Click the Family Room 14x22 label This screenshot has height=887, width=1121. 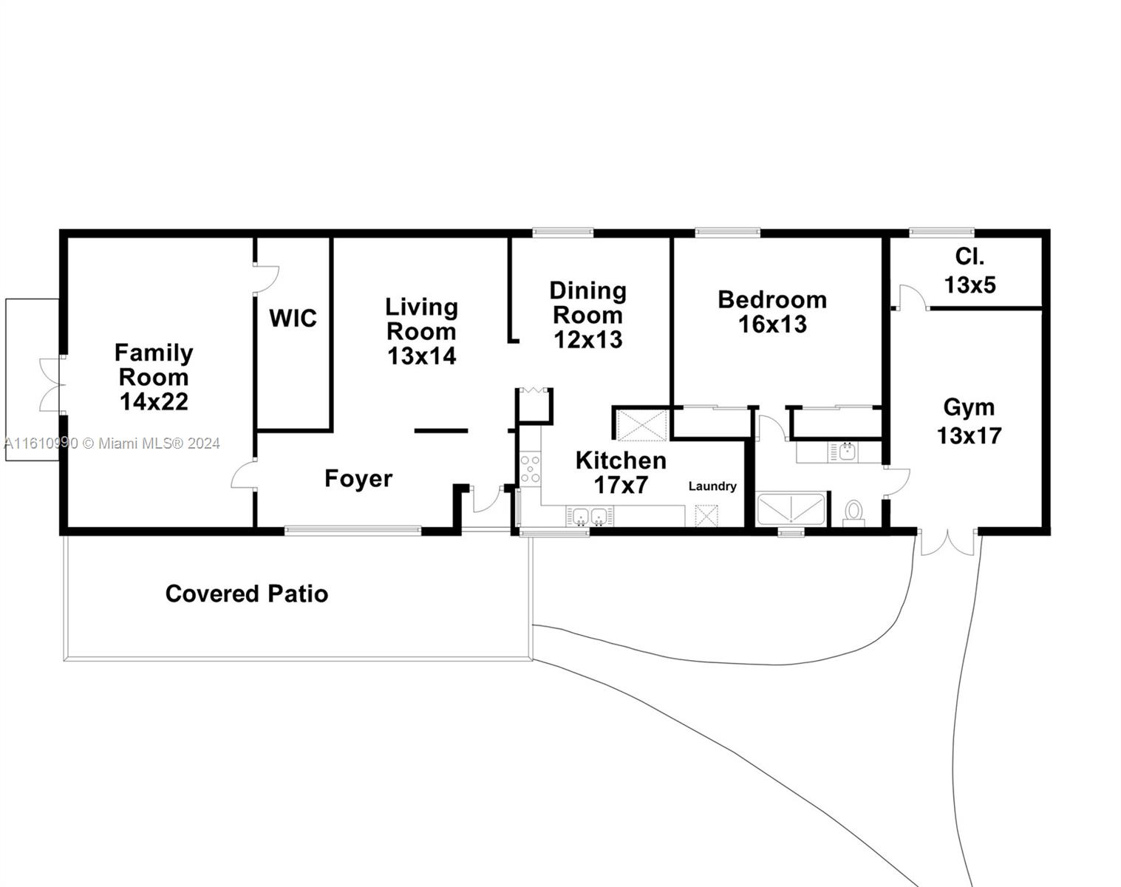click(x=154, y=377)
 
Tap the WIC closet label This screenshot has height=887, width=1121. click(x=293, y=319)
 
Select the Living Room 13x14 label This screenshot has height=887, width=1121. click(x=421, y=331)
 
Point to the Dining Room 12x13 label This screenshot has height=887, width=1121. click(x=588, y=315)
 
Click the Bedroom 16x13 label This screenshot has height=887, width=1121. click(x=772, y=311)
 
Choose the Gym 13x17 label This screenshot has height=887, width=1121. click(x=970, y=421)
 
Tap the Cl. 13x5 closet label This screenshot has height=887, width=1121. click(x=970, y=271)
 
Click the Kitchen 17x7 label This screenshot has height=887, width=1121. click(x=621, y=472)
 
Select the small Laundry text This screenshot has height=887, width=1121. click(x=712, y=486)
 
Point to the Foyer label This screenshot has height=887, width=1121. click(x=358, y=478)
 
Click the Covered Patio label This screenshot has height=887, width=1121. click(x=247, y=594)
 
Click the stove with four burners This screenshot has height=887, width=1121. click(x=530, y=469)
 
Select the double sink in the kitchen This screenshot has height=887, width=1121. click(x=590, y=516)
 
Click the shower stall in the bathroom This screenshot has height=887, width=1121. click(x=791, y=510)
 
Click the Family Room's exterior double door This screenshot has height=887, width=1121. click(x=50, y=385)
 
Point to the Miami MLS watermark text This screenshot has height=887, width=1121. click(x=112, y=443)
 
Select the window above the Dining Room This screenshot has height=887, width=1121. click(x=563, y=233)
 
